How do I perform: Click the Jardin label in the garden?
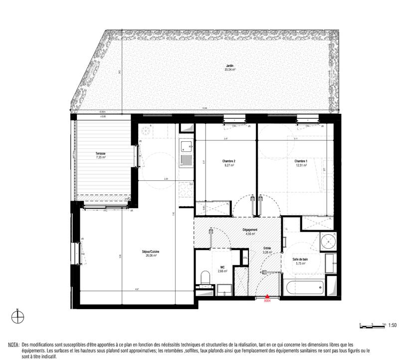click(230, 66)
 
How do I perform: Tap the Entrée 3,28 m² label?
click(268, 250)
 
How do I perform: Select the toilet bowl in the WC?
click(204, 277)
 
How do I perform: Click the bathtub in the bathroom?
click(303, 289)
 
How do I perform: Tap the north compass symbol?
click(18, 316)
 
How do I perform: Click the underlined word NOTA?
click(13, 345)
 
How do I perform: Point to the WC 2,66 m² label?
click(222, 269)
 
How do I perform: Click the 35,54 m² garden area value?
click(230, 70)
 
